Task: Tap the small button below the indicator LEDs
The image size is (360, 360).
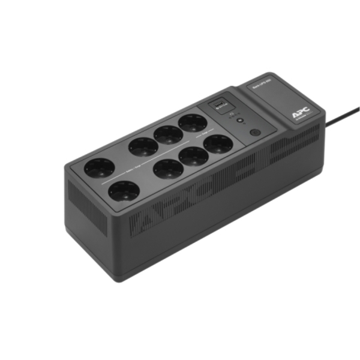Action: pyautogui.click(x=240, y=121)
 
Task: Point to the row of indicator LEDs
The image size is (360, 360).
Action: pyautogui.click(x=239, y=112)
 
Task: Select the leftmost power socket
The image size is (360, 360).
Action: pyautogui.click(x=99, y=168)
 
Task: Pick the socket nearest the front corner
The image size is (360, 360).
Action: pyautogui.click(x=124, y=191)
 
